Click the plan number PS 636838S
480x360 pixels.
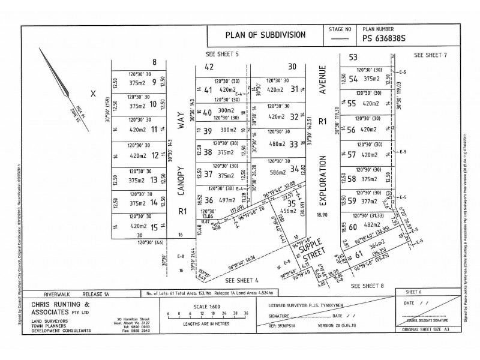[385, 39]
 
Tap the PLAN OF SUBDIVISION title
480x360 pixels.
[265, 35]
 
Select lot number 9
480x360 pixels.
[154, 83]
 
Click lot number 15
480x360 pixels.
[154, 227]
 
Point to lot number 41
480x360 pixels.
[208, 91]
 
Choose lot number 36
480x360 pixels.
[208, 200]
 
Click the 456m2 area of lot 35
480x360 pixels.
[289, 211]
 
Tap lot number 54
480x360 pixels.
[353, 79]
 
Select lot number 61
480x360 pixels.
[359, 254]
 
